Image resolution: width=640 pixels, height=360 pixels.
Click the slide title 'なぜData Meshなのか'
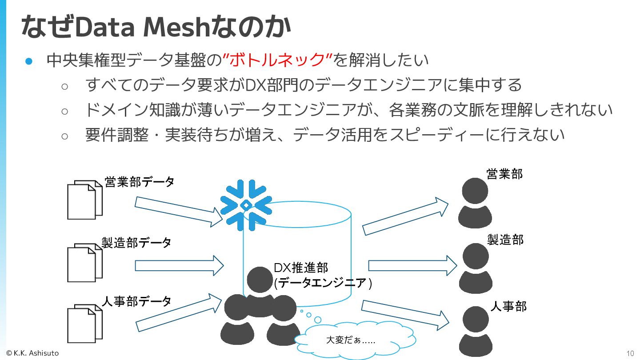pos(156,27)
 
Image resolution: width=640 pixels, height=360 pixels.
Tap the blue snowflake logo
pos(245,205)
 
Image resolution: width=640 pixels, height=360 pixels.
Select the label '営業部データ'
pos(139,182)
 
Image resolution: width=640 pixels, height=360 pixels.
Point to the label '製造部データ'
pos(136,243)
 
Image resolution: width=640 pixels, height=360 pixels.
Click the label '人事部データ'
pos(136,301)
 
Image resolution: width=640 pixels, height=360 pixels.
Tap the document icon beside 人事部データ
pos(84,324)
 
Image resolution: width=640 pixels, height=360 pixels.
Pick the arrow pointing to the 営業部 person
pos(405,216)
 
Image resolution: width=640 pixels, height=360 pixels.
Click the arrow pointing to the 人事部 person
pos(405,315)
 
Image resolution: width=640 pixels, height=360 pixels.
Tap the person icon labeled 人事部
pos(475,332)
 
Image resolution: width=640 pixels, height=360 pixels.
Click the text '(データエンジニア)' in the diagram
pos(323,283)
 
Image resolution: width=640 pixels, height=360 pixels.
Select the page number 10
pos(630,354)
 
